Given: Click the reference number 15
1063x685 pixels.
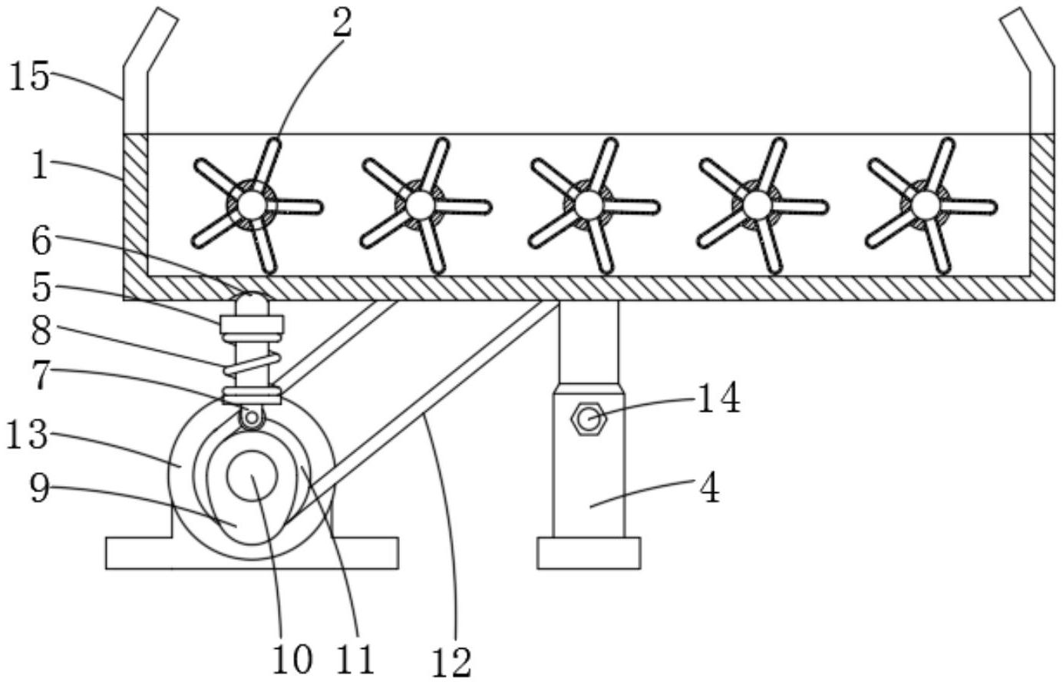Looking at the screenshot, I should coord(29,77).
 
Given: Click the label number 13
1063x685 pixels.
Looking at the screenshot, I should coord(28,435).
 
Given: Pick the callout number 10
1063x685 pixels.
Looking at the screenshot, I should coord(292,660).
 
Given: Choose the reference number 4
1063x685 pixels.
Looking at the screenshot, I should coord(710,489).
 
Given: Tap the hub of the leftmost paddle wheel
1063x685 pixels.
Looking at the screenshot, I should coord(249,205).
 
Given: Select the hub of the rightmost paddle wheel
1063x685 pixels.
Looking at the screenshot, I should coord(924,205).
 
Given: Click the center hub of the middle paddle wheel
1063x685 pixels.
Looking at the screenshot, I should coord(588,205).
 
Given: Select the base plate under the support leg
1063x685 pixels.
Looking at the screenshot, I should coord(588,553).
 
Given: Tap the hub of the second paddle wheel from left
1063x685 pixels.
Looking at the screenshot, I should coord(418,205).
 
